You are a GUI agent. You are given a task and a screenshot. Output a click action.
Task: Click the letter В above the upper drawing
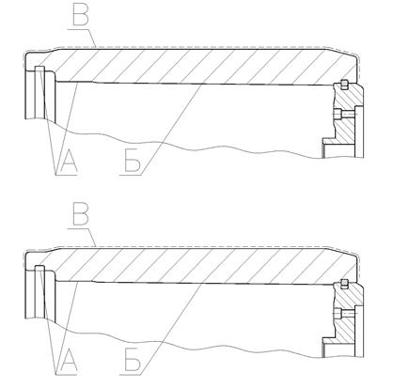pos(80,15)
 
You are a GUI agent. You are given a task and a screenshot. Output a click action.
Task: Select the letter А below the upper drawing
pos(69,161)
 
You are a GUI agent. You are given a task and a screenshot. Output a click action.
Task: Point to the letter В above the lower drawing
pos(81,215)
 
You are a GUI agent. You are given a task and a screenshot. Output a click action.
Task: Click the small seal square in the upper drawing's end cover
pos(344,84)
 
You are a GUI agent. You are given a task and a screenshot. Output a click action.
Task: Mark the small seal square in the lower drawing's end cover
pos(344,283)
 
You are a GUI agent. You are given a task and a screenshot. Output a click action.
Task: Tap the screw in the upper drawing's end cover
pos(345,115)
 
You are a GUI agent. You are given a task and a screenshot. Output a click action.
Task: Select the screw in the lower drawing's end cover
pos(345,313)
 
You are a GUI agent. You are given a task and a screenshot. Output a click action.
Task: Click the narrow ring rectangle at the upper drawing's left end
pos(39,93)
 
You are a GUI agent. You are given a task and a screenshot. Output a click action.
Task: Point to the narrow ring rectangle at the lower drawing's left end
pos(39,292)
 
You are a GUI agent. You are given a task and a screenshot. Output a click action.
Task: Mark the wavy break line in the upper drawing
pos(188,147)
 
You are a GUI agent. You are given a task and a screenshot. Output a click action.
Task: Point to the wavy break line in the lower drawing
pos(188,346)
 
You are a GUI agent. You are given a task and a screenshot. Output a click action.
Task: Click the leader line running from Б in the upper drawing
pos(172,130)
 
